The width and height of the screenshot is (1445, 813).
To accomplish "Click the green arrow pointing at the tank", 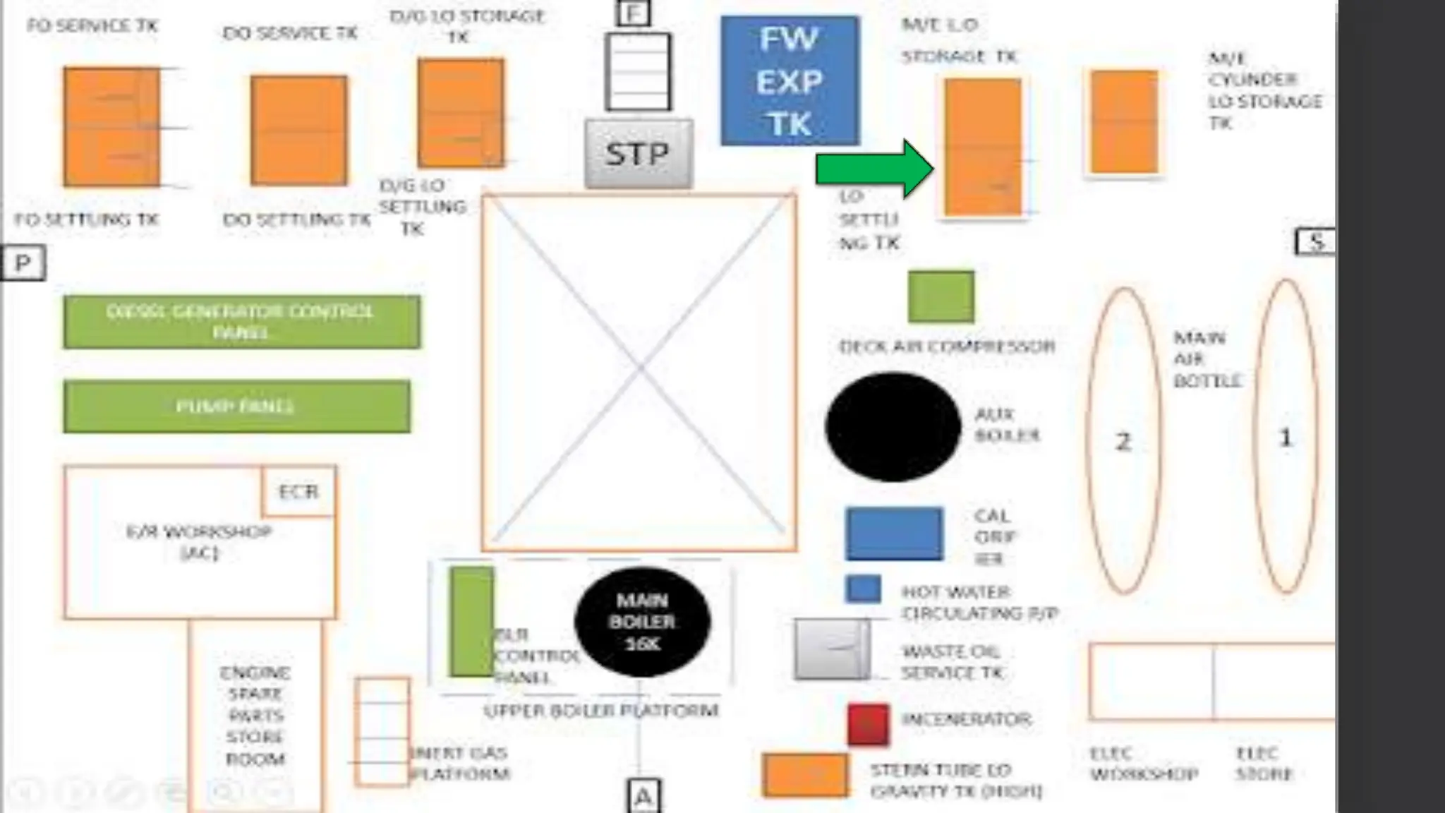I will click(874, 169).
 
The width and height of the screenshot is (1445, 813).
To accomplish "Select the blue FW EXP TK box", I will click(790, 81).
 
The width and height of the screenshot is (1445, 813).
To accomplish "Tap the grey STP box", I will click(638, 154).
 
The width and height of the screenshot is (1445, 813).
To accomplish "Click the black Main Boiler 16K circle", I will click(642, 622).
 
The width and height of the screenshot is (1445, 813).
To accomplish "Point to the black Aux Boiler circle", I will click(893, 427).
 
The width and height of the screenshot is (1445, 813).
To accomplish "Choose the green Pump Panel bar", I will click(236, 406).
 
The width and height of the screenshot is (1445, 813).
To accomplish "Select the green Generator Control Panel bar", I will click(241, 322).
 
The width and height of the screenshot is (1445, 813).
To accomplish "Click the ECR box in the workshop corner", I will click(298, 491).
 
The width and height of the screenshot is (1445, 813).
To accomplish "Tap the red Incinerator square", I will click(868, 724).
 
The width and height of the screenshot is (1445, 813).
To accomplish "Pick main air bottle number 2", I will click(1123, 441).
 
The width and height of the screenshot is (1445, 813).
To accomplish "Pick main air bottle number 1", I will click(1286, 438).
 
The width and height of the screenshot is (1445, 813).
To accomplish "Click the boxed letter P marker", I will click(23, 263).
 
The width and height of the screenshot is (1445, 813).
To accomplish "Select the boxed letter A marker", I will click(643, 797).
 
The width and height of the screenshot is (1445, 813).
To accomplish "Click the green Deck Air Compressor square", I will click(941, 297).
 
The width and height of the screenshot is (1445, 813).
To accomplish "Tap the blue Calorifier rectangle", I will click(894, 534).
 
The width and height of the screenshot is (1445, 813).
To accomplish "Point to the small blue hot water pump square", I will click(863, 589).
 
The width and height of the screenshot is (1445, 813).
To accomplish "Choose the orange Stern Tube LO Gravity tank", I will click(805, 775).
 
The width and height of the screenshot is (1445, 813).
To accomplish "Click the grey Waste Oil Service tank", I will click(831, 649).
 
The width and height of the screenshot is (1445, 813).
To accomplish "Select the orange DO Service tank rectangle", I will click(298, 131).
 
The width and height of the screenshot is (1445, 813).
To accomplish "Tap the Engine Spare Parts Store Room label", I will click(255, 716).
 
